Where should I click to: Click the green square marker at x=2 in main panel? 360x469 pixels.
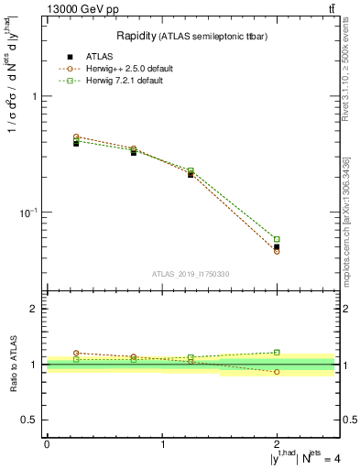pyautogui.click(x=277, y=239)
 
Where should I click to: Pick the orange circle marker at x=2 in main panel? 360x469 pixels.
pyautogui.click(x=277, y=251)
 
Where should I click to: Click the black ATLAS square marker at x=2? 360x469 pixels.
pyautogui.click(x=277, y=246)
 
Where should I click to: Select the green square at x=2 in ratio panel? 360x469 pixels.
pyautogui.click(x=277, y=352)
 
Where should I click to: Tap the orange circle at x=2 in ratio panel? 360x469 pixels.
pyautogui.click(x=277, y=372)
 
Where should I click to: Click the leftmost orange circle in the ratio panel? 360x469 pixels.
pyautogui.click(x=76, y=353)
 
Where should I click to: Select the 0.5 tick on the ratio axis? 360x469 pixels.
pyautogui.click(x=32, y=420)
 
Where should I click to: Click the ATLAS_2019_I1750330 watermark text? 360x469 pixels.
pyautogui.click(x=191, y=274)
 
